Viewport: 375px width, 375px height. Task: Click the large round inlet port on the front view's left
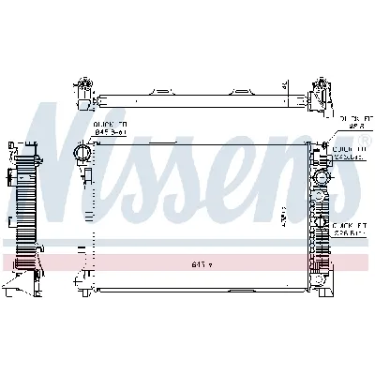coord(82,155)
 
